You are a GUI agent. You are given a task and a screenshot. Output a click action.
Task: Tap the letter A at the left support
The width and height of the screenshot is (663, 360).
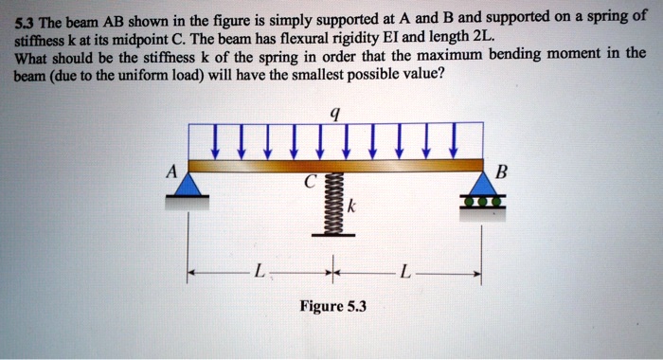pos(170,172)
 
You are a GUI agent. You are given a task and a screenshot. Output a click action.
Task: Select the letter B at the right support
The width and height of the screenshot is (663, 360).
pos(502,172)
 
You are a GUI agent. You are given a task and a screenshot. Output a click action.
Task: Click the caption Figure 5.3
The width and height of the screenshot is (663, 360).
pos(332,306)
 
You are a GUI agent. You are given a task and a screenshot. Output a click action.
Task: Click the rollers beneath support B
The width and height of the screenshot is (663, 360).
pos(482,201)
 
